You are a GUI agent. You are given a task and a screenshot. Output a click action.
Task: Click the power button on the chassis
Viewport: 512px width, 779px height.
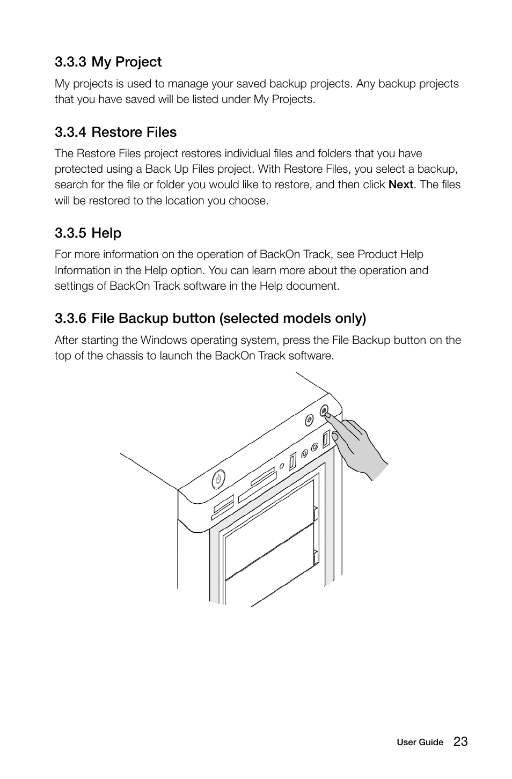coord(218,479)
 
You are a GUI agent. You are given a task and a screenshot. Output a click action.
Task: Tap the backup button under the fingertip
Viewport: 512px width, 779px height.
coord(324,411)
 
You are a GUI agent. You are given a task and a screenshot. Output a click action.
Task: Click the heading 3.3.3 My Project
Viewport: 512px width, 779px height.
coord(108,62)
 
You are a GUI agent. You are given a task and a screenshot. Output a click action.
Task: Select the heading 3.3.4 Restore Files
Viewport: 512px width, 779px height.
coord(115,132)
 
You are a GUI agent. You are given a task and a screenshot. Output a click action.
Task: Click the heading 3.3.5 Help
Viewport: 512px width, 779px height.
coord(88,233)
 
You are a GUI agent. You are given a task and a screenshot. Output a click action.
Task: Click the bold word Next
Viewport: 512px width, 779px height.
coord(400,185)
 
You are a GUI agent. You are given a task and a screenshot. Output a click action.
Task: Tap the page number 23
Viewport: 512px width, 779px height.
coord(460,741)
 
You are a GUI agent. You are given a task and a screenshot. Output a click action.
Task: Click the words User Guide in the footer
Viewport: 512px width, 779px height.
coord(420,743)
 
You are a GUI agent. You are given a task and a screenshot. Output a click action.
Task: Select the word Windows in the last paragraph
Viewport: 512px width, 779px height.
coord(163,340)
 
